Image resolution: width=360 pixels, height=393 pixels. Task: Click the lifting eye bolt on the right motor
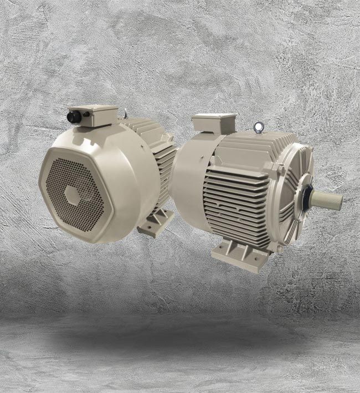257,128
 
